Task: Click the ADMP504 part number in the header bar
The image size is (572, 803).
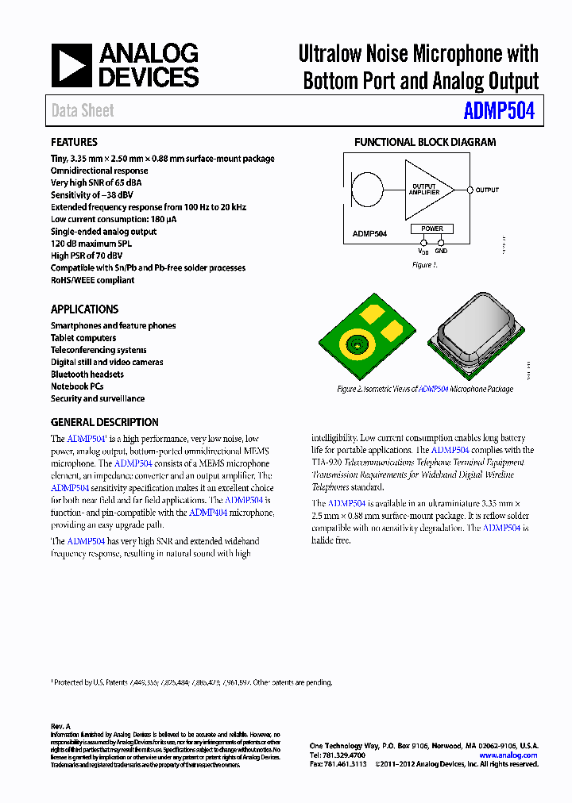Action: coord(499,111)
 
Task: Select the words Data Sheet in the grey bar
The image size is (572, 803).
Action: coord(83,111)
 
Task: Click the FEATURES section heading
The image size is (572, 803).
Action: coord(74,142)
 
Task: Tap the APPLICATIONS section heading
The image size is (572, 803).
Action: coord(84,309)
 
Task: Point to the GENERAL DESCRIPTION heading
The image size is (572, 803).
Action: coord(104,422)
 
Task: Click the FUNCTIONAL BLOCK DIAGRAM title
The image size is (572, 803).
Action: coord(424,142)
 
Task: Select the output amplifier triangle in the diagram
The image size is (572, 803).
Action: coord(426,190)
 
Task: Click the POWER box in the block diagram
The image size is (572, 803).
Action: coord(432,229)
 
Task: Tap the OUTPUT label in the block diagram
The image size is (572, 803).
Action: coord(487,190)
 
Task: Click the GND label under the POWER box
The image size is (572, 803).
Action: coord(441,252)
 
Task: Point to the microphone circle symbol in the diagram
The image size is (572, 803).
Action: coord(366,190)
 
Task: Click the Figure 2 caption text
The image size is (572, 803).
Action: coord(424,390)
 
